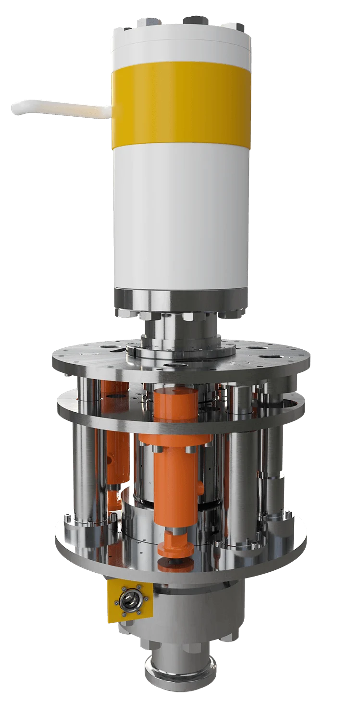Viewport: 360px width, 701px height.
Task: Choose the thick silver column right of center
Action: coord(242,476)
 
